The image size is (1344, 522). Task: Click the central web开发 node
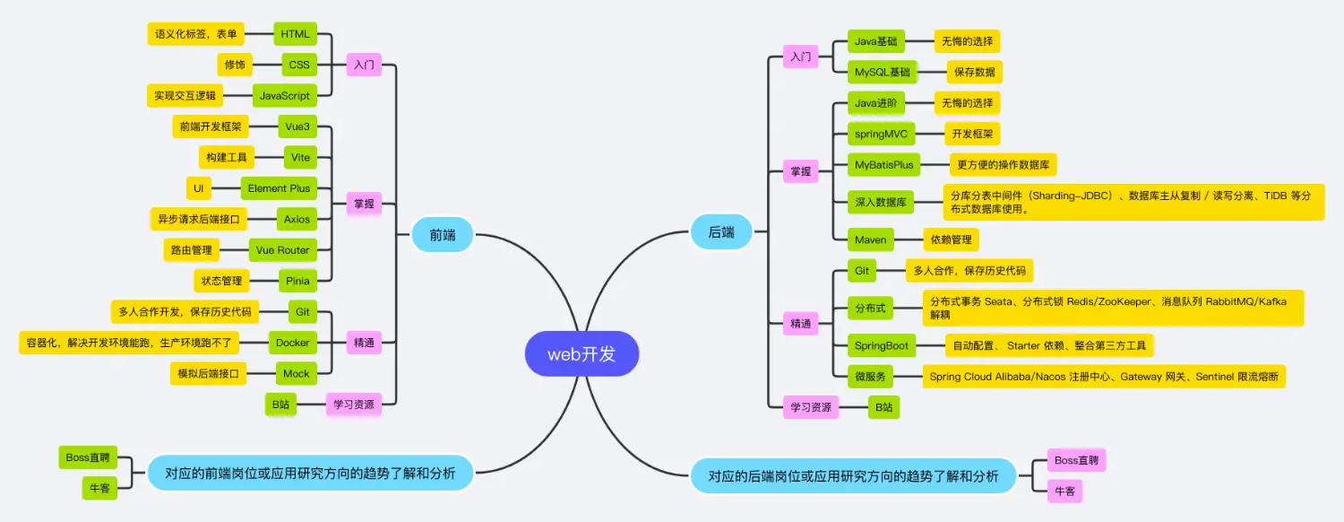click(x=582, y=354)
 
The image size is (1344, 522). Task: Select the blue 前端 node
click(x=442, y=234)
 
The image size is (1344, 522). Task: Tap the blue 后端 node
click(x=721, y=232)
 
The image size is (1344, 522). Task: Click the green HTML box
click(x=295, y=34)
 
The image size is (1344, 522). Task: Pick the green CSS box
click(x=298, y=65)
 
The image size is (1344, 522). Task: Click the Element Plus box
click(x=279, y=188)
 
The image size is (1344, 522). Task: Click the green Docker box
click(x=293, y=343)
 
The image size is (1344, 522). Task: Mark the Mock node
click(x=296, y=373)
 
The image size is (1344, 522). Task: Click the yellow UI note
click(x=198, y=188)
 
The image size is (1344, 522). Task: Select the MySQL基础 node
click(x=882, y=72)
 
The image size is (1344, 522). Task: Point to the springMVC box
click(x=881, y=135)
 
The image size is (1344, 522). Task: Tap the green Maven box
click(x=870, y=239)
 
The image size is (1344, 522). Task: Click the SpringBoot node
click(x=882, y=345)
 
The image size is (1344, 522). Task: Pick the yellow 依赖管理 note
click(x=951, y=239)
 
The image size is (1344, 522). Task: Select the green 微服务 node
click(x=870, y=377)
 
